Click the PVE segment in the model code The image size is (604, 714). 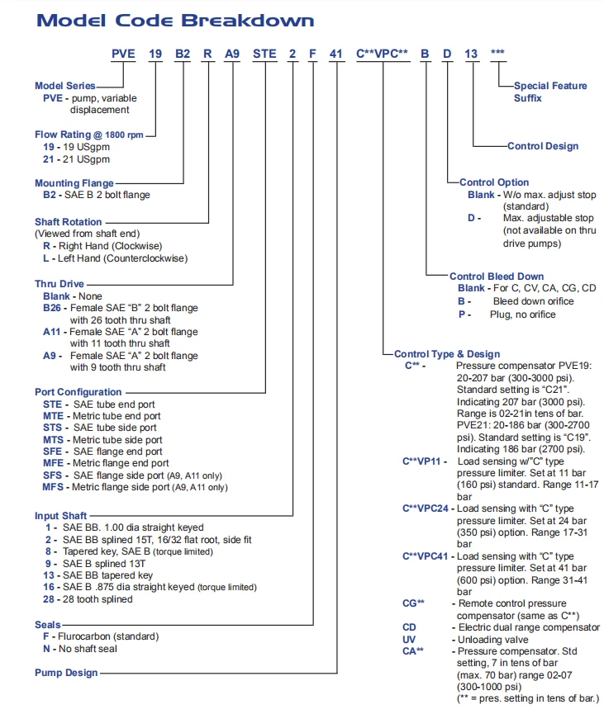pyautogui.click(x=123, y=55)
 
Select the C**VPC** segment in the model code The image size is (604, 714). pyautogui.click(x=383, y=55)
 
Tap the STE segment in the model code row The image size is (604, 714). pyautogui.click(x=264, y=55)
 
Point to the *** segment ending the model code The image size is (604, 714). pyautogui.click(x=497, y=55)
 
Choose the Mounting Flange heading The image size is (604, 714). pyautogui.click(x=74, y=182)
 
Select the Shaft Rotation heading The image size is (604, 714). pyautogui.click(x=69, y=221)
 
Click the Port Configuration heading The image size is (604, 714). pyautogui.click(x=78, y=391)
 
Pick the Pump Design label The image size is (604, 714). pyautogui.click(x=66, y=673)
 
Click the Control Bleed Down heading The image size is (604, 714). pyautogui.click(x=497, y=277)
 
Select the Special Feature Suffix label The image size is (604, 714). pyautogui.click(x=550, y=92)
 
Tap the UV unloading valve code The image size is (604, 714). pyautogui.click(x=408, y=640)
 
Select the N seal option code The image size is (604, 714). pyautogui.click(x=48, y=649)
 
